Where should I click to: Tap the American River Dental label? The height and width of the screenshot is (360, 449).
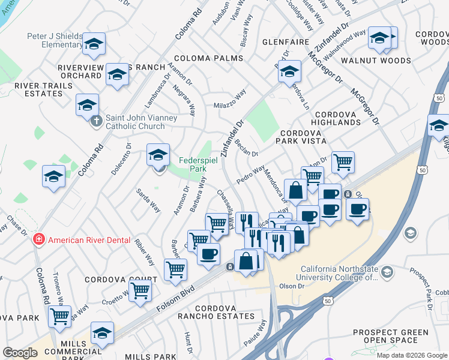pos(89,240)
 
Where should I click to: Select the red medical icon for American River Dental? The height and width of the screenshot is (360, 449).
pos(39,240)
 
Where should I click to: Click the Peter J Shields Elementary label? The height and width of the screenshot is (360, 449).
pos(54,40)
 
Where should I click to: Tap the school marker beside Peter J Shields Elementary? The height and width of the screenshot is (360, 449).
pos(94,43)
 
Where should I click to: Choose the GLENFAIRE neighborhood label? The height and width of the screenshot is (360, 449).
pos(286,43)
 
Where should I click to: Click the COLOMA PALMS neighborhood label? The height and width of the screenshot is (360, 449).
pos(208,58)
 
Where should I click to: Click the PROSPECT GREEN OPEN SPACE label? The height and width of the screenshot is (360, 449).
pos(390,337)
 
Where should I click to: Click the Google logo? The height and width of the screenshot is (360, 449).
pos(19,353)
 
